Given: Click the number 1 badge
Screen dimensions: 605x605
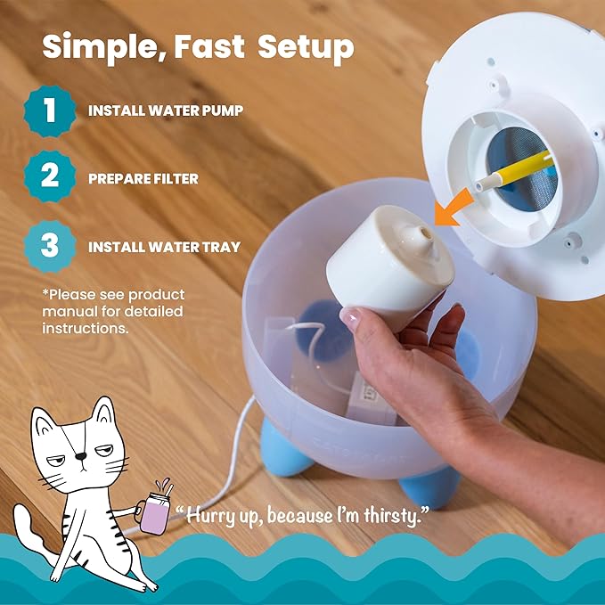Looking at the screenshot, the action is pos(50,110).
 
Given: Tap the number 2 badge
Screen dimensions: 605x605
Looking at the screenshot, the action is pos(50,176).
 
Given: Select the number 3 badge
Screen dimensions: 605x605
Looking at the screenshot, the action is pos(50,246).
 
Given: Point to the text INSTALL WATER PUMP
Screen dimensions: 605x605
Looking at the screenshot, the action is pos(166,110).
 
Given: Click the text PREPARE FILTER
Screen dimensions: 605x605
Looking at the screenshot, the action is pos(143,178).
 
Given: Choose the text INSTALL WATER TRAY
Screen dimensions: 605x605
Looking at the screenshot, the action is pos(164,247).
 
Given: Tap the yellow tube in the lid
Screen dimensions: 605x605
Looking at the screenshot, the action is pos(513,170).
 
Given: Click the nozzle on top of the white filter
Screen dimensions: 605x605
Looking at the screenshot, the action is pos(422,236).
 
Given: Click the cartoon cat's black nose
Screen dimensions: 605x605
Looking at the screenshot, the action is pos(81,456).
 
